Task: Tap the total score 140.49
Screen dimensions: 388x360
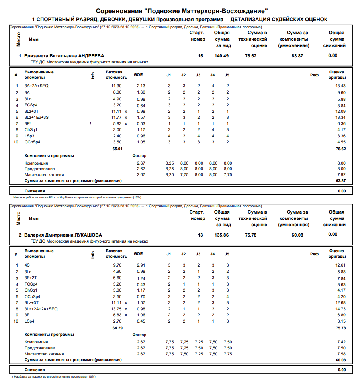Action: (x=222, y=56)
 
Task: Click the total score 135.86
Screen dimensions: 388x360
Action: (x=222, y=235)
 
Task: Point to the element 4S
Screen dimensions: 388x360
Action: (x=27, y=265)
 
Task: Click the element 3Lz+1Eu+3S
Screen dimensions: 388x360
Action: (x=37, y=118)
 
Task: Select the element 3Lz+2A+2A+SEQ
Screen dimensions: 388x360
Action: (x=41, y=309)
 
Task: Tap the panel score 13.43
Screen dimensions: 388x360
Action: (x=340, y=86)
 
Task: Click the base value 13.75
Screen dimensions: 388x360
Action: (x=116, y=309)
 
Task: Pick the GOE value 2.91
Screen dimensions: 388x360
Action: (x=141, y=265)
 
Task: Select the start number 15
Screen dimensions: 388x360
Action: (x=200, y=56)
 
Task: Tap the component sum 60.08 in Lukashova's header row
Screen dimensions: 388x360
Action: (x=297, y=235)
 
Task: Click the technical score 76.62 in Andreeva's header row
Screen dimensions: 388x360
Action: (x=250, y=56)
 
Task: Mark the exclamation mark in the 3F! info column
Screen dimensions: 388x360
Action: (x=91, y=124)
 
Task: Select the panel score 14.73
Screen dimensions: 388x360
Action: (x=340, y=309)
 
